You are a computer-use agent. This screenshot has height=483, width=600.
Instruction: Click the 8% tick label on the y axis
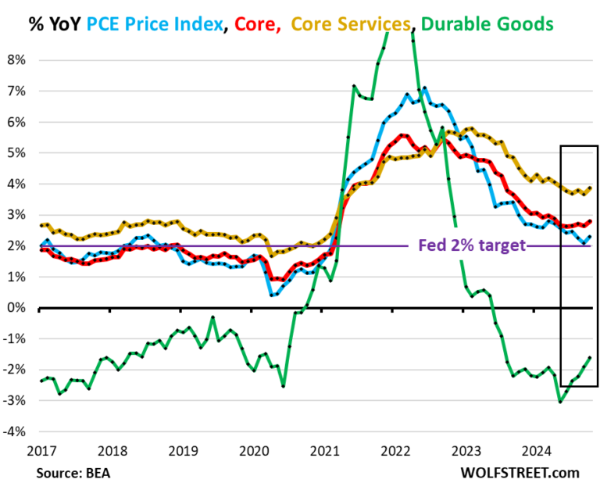click(x=17, y=59)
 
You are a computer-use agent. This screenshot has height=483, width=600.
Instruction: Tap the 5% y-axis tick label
click(x=17, y=152)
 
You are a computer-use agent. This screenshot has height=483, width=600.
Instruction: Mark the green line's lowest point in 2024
click(x=559, y=401)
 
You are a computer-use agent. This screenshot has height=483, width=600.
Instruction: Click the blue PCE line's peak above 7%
click(x=425, y=88)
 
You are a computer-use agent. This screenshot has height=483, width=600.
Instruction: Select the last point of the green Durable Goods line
click(x=589, y=357)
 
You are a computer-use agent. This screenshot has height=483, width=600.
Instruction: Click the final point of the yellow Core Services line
click(x=589, y=188)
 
